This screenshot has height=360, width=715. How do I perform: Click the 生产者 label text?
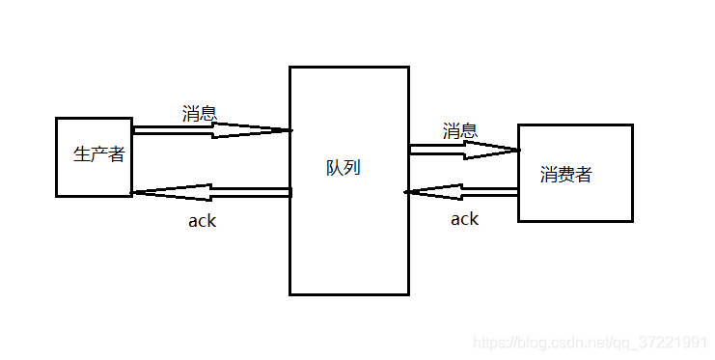point(99,154)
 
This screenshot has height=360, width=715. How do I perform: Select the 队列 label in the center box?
point(343,167)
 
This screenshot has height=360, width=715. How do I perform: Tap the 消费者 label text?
point(565,175)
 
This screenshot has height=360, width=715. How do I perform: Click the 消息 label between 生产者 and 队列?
point(200,113)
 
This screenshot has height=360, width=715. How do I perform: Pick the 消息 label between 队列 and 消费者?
point(460,130)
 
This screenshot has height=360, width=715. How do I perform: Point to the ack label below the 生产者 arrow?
point(202,221)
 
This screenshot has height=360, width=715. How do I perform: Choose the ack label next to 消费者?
point(464,219)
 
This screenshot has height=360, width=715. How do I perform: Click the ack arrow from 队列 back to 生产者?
point(212,192)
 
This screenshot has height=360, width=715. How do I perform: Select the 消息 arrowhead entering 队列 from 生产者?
point(286,130)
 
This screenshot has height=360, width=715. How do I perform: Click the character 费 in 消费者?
point(565,175)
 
